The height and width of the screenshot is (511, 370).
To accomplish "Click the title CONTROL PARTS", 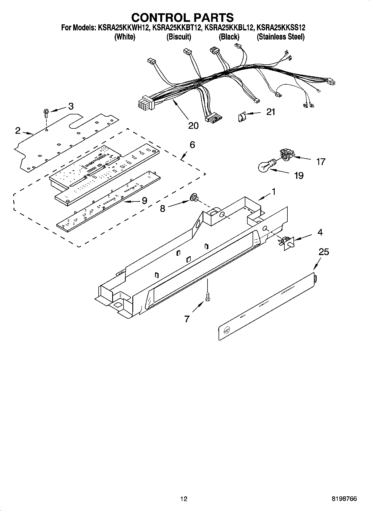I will tap(182, 17).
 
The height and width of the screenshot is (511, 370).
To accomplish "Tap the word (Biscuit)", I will tap(179, 37).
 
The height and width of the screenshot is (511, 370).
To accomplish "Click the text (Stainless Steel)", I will tap(280, 37).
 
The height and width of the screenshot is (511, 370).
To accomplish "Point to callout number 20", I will tap(193, 125).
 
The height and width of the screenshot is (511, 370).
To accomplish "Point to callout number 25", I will tap(324, 252).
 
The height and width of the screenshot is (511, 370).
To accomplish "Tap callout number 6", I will tap(192, 145).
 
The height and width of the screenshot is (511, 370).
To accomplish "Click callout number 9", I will tap(144, 201).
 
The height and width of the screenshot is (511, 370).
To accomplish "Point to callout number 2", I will tap(18, 130).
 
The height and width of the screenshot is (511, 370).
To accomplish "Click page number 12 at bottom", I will tap(184, 499).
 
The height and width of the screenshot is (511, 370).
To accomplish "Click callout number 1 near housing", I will tap(273, 191).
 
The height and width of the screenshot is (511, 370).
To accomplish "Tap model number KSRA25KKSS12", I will tap(281, 28).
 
